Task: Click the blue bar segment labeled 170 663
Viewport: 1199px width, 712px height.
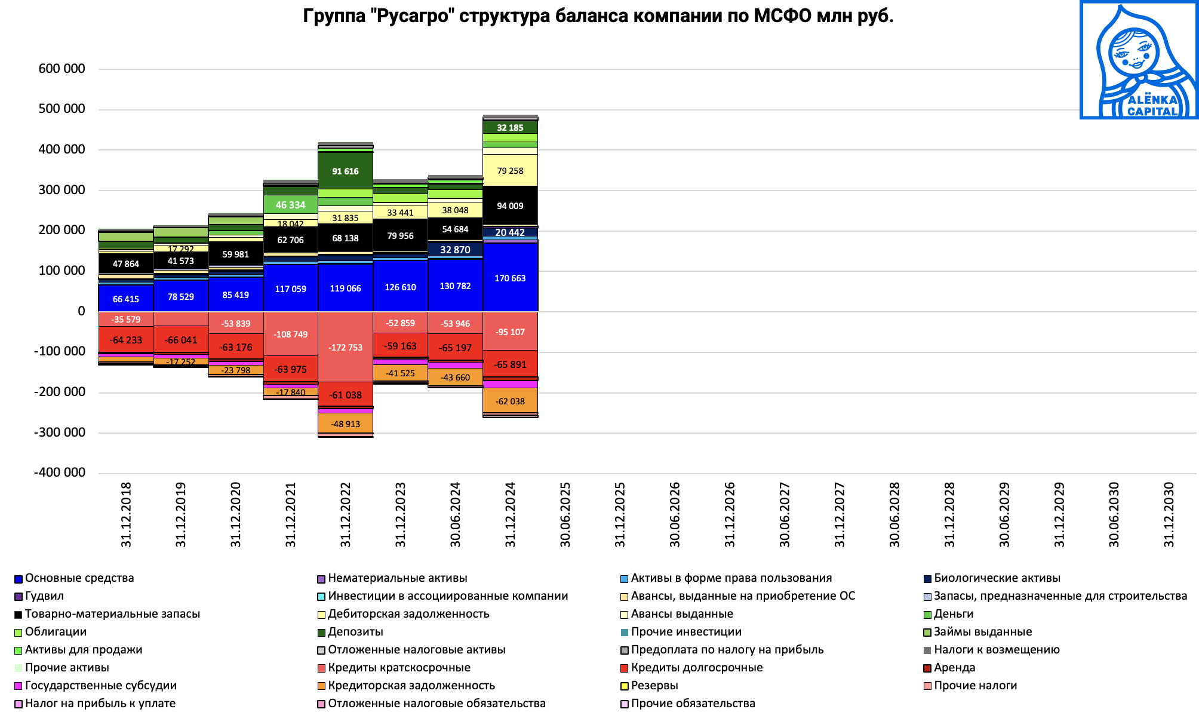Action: click(510, 278)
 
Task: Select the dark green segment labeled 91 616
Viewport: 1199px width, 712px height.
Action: click(345, 171)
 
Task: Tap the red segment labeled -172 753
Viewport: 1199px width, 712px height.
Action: click(345, 347)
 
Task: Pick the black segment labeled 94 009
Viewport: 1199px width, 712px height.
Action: click(510, 205)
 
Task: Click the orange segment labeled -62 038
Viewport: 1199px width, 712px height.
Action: click(510, 401)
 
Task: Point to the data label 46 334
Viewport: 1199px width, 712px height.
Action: click(290, 205)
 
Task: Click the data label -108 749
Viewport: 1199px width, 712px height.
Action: click(290, 334)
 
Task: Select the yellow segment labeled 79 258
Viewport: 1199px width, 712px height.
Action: click(510, 171)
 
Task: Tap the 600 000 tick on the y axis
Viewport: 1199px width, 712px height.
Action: click(62, 69)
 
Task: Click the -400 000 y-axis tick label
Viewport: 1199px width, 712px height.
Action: click(60, 472)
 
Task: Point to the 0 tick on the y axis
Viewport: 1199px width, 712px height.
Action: click(81, 311)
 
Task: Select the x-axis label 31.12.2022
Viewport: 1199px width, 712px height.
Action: click(346, 514)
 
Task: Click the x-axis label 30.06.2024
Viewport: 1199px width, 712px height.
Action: click(456, 514)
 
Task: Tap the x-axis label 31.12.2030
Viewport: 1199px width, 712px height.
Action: click(1169, 514)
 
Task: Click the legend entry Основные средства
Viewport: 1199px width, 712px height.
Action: click(79, 578)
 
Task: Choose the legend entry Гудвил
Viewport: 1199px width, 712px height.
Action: click(44, 596)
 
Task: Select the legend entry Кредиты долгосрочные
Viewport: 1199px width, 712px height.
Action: click(696, 668)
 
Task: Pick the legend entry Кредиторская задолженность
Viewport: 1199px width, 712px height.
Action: click(411, 686)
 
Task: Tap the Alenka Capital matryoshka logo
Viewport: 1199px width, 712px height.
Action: click(1139, 60)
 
